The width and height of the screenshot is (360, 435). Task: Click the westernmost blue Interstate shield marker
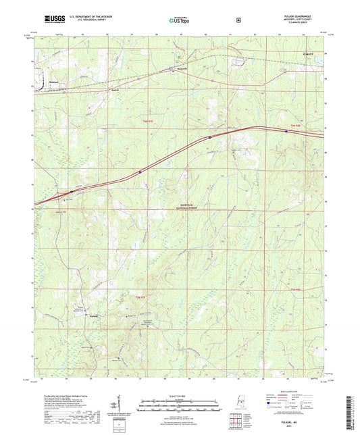(x=71, y=191)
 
